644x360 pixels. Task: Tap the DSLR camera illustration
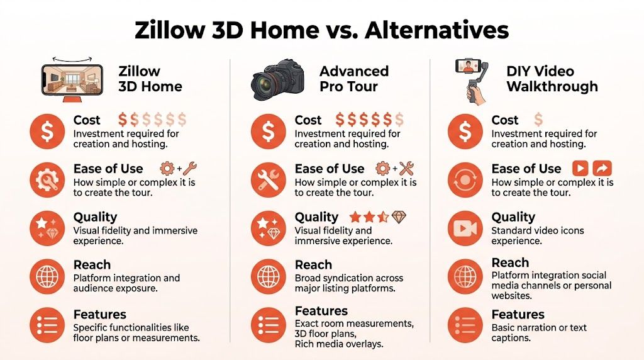click(x=277, y=78)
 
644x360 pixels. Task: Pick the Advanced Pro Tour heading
click(x=353, y=79)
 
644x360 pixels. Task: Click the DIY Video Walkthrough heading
click(x=552, y=79)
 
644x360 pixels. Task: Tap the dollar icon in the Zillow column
click(x=47, y=132)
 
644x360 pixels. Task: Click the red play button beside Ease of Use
click(x=580, y=169)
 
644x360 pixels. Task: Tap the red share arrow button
click(x=602, y=169)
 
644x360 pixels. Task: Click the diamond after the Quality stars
click(x=399, y=217)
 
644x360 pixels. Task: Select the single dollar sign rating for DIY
click(x=538, y=120)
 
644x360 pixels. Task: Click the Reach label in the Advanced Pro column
click(x=313, y=264)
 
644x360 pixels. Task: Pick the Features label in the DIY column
click(x=518, y=314)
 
